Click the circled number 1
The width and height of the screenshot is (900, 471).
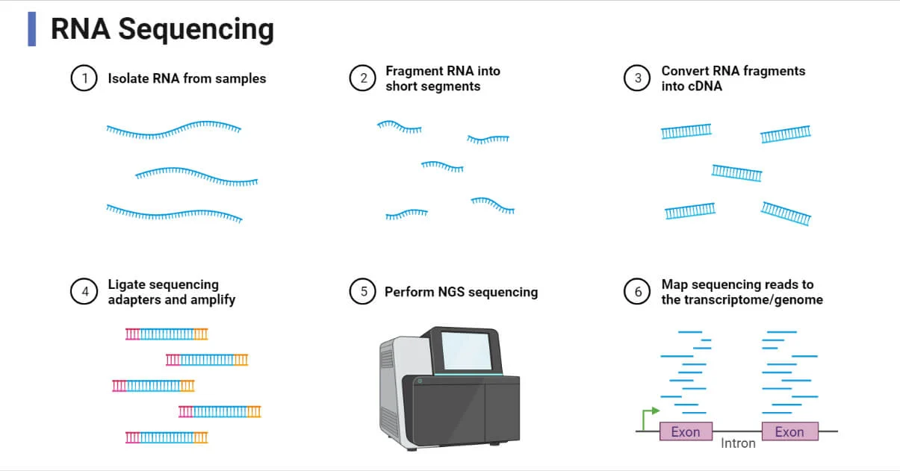(x=84, y=78)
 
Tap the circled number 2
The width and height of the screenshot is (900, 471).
(x=362, y=78)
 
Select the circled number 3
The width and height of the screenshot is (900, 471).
(x=637, y=78)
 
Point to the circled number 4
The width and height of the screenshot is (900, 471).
(x=84, y=292)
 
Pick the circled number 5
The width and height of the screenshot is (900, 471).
(x=362, y=292)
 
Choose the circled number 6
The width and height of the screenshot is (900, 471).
(x=637, y=292)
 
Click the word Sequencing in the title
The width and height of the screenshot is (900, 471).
(x=196, y=29)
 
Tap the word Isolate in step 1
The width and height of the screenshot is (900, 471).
(x=128, y=78)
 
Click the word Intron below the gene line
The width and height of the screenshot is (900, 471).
(x=738, y=443)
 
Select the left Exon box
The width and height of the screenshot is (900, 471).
(x=686, y=431)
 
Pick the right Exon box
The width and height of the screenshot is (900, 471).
(x=789, y=431)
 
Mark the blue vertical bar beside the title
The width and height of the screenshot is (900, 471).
(x=31, y=29)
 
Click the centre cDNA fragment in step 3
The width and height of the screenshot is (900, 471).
(x=736, y=174)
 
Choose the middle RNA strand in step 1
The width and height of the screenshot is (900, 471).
(x=196, y=175)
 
